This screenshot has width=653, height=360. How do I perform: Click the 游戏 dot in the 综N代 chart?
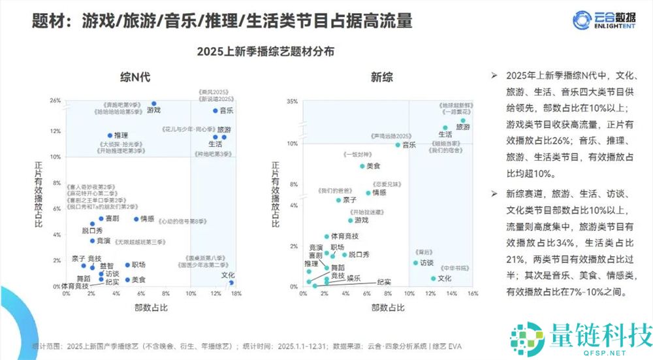click(x=154, y=104)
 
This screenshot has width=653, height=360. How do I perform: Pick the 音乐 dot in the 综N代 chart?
click(x=215, y=110)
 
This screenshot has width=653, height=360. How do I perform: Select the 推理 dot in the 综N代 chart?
click(x=110, y=136)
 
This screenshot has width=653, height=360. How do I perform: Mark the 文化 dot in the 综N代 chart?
click(x=231, y=282)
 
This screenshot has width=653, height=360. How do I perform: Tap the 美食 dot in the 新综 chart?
click(x=362, y=166)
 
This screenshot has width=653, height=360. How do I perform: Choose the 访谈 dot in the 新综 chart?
click(x=415, y=263)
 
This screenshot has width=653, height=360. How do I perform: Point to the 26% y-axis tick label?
click(x=55, y=101)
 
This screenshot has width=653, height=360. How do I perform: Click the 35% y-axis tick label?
click(x=292, y=101)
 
